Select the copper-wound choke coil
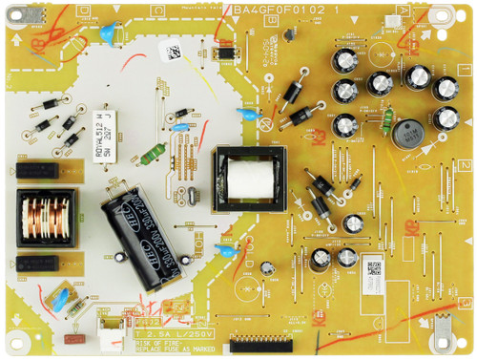[44, 222]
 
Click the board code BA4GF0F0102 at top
[278, 11]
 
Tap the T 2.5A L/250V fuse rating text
[179, 334]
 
